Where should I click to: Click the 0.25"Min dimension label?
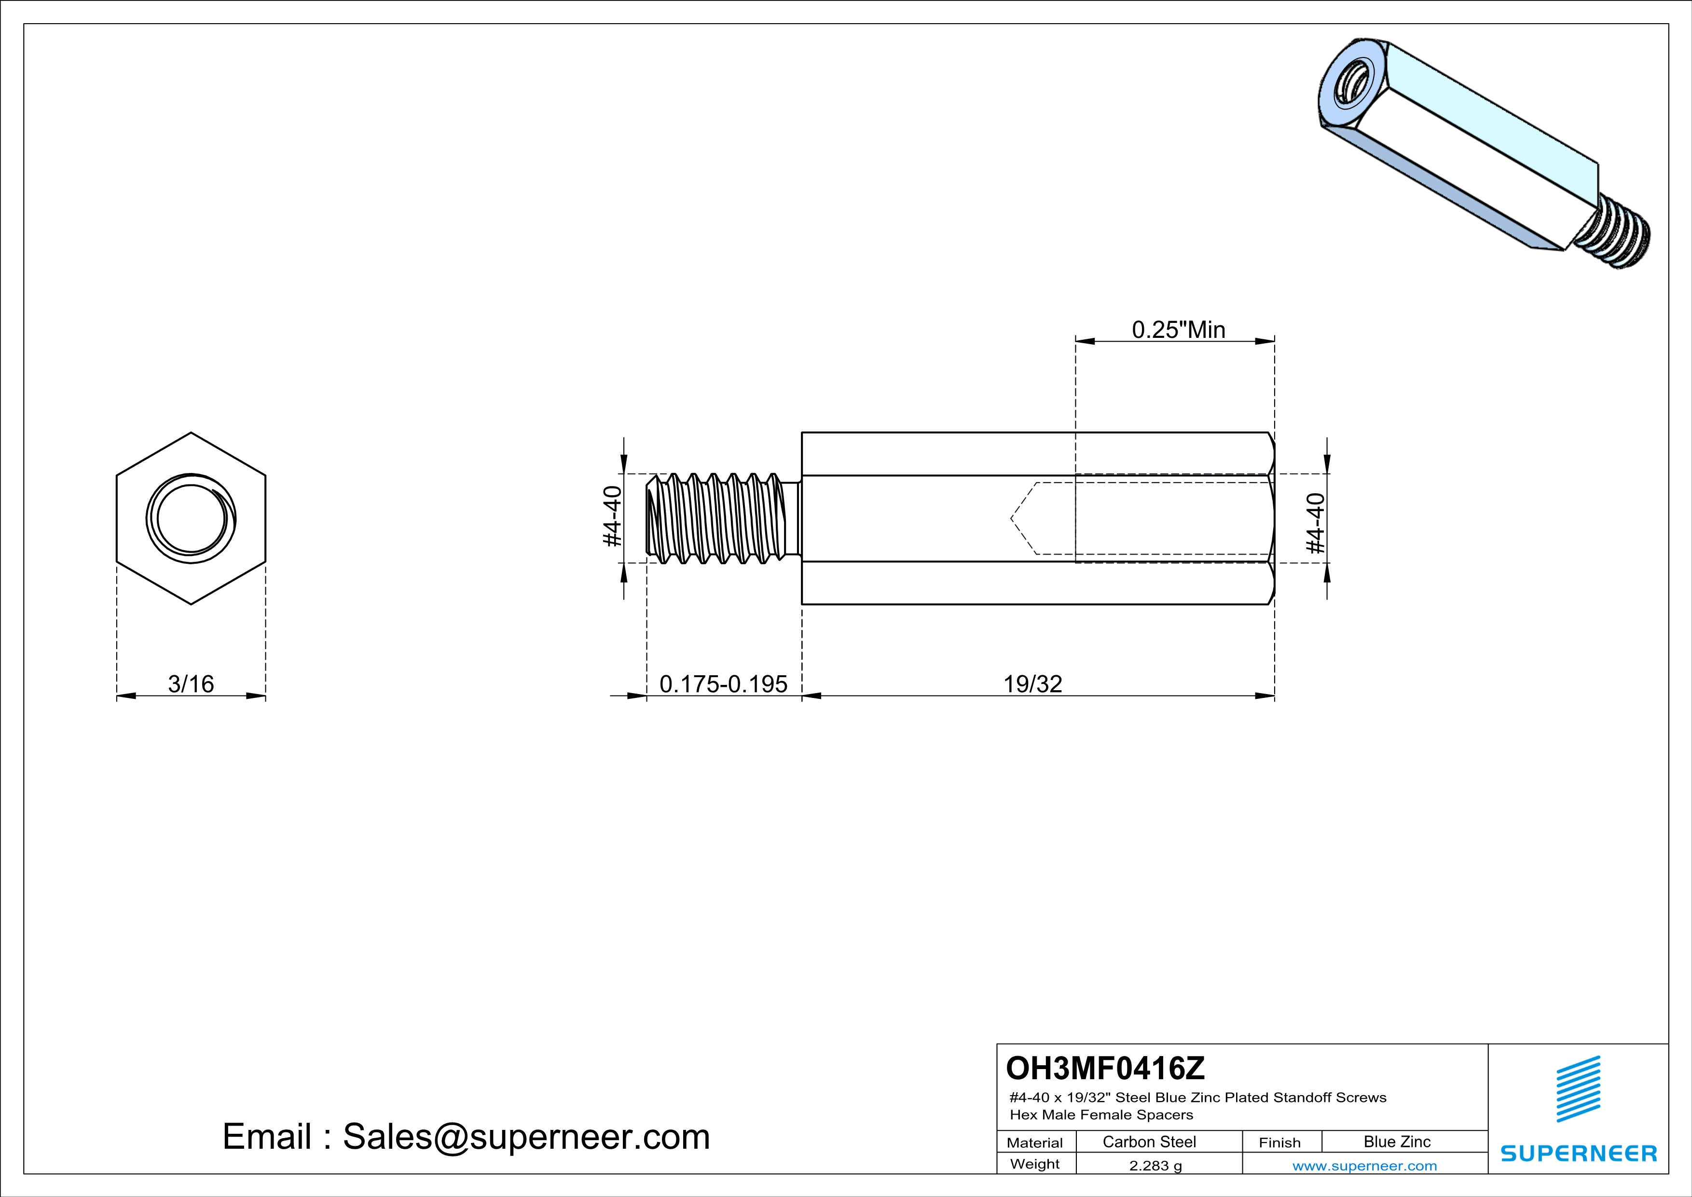click(x=1178, y=330)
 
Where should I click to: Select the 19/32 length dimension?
click(x=1032, y=684)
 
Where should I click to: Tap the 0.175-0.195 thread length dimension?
click(x=723, y=684)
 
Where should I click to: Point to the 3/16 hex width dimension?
click(x=191, y=684)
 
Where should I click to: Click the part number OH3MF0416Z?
click(x=1105, y=1068)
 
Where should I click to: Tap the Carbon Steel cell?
click(x=1149, y=1141)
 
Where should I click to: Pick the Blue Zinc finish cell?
click(x=1396, y=1141)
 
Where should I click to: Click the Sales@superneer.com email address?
click(x=526, y=1137)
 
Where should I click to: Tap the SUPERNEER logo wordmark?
click(x=1579, y=1154)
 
